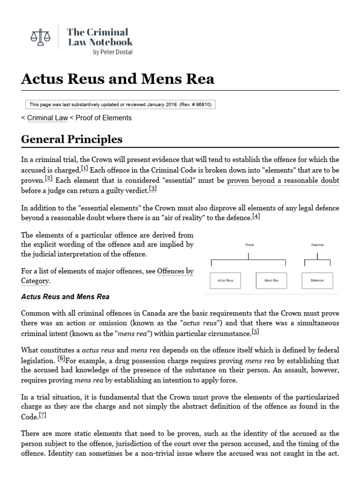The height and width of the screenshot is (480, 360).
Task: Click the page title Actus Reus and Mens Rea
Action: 118,79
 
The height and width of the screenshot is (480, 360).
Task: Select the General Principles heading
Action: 72,139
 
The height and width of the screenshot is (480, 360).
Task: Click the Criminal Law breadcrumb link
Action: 47,118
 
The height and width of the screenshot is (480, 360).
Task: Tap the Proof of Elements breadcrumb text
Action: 103,118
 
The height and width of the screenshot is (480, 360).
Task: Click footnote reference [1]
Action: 84,168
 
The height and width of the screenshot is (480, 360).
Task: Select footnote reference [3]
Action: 153,188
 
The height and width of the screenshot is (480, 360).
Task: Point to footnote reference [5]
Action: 255,332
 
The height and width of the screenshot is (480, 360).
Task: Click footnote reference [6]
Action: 61,358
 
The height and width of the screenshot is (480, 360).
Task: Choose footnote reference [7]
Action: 43,415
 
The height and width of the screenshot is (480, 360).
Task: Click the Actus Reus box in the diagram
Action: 225,280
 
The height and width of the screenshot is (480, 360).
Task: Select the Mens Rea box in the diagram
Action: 271,280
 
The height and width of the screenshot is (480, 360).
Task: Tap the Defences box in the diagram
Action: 317,280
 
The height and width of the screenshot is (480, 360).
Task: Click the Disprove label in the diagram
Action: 317,245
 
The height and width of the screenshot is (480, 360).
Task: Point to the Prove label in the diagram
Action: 249,245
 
